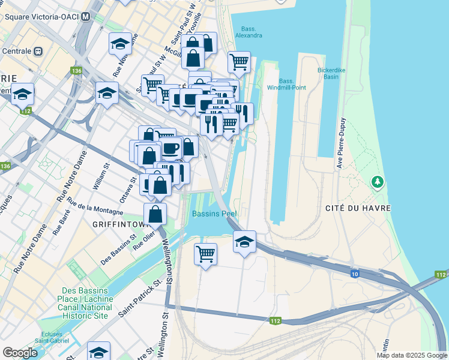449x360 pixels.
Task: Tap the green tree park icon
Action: [x=377, y=181]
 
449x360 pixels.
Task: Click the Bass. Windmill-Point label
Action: [x=287, y=85]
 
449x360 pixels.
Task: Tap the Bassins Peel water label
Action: [x=214, y=214]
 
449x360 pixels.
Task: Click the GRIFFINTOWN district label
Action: [x=120, y=224]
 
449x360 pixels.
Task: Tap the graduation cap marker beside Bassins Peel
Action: [x=244, y=242]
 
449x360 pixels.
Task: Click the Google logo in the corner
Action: [x=20, y=352]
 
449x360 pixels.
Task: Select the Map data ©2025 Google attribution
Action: [x=412, y=355]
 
